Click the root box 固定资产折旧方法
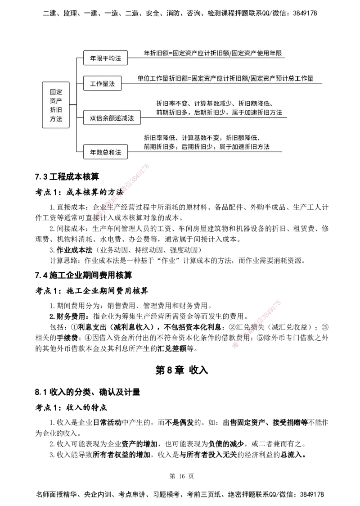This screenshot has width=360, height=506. [56, 105]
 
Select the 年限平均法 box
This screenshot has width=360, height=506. [106, 58]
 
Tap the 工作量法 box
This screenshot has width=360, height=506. [103, 84]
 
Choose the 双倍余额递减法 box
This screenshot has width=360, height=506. [112, 118]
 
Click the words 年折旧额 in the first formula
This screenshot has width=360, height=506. [155, 53]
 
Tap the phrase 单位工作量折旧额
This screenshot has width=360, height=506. [162, 78]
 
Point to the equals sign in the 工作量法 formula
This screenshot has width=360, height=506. [189, 78]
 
